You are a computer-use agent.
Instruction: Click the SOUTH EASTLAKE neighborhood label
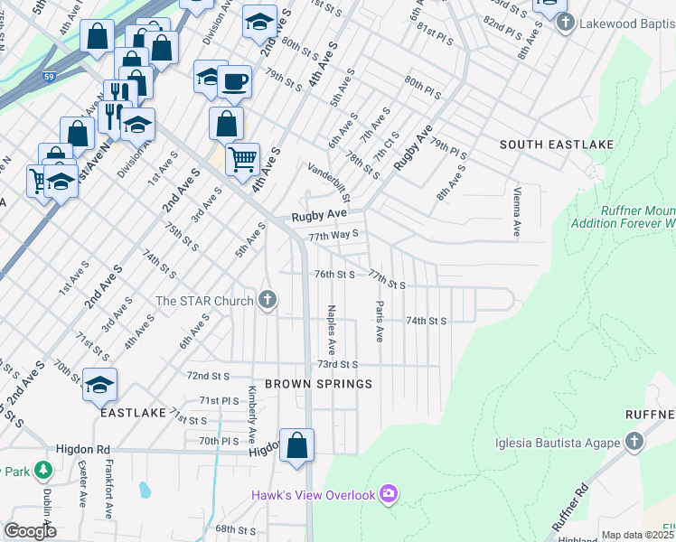pyautogui.click(x=557, y=145)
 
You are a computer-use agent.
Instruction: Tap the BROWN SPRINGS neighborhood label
pyautogui.click(x=318, y=384)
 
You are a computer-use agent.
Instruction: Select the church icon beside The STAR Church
pyautogui.click(x=267, y=300)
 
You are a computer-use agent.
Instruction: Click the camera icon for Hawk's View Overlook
pyautogui.click(x=389, y=493)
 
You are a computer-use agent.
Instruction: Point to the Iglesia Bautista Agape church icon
pyautogui.click(x=634, y=442)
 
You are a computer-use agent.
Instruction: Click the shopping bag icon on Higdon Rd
pyautogui.click(x=296, y=445)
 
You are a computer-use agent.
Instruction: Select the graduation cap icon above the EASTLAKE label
pyautogui.click(x=99, y=385)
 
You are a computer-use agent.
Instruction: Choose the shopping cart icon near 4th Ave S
pyautogui.click(x=242, y=160)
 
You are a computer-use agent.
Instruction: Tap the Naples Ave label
pyautogui.click(x=332, y=329)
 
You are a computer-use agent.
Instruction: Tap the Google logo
pyautogui.click(x=30, y=531)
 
